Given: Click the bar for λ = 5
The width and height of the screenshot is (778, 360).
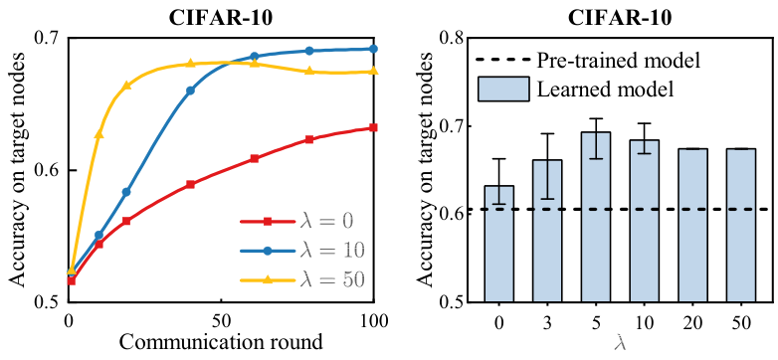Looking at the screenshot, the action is pyautogui.click(x=595, y=217).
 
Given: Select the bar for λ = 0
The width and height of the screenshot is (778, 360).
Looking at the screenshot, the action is pyautogui.click(x=498, y=244).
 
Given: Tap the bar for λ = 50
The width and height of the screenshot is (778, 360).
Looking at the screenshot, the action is pyautogui.click(x=741, y=225).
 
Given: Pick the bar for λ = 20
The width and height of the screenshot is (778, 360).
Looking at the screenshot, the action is pyautogui.click(x=692, y=225).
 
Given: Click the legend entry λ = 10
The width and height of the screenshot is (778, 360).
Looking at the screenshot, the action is pyautogui.click(x=302, y=251).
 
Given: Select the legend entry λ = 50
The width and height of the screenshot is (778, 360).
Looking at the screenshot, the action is pyautogui.click(x=302, y=280).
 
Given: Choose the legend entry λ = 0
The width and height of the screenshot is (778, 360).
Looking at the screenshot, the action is pyautogui.click(x=296, y=221).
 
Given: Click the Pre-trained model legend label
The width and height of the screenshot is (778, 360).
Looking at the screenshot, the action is pyautogui.click(x=618, y=61).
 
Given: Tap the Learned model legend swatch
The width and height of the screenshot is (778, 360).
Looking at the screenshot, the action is pyautogui.click(x=502, y=90).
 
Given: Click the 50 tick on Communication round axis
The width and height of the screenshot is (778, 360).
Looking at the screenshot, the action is pyautogui.click(x=221, y=320).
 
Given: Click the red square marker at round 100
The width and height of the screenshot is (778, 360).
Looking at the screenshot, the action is pyautogui.click(x=374, y=127).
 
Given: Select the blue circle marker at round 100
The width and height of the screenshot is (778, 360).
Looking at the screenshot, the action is pyautogui.click(x=374, y=49).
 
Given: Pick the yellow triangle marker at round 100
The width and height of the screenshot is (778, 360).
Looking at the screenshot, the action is pyautogui.click(x=374, y=72).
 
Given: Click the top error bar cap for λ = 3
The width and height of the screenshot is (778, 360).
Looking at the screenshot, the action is pyautogui.click(x=547, y=133).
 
